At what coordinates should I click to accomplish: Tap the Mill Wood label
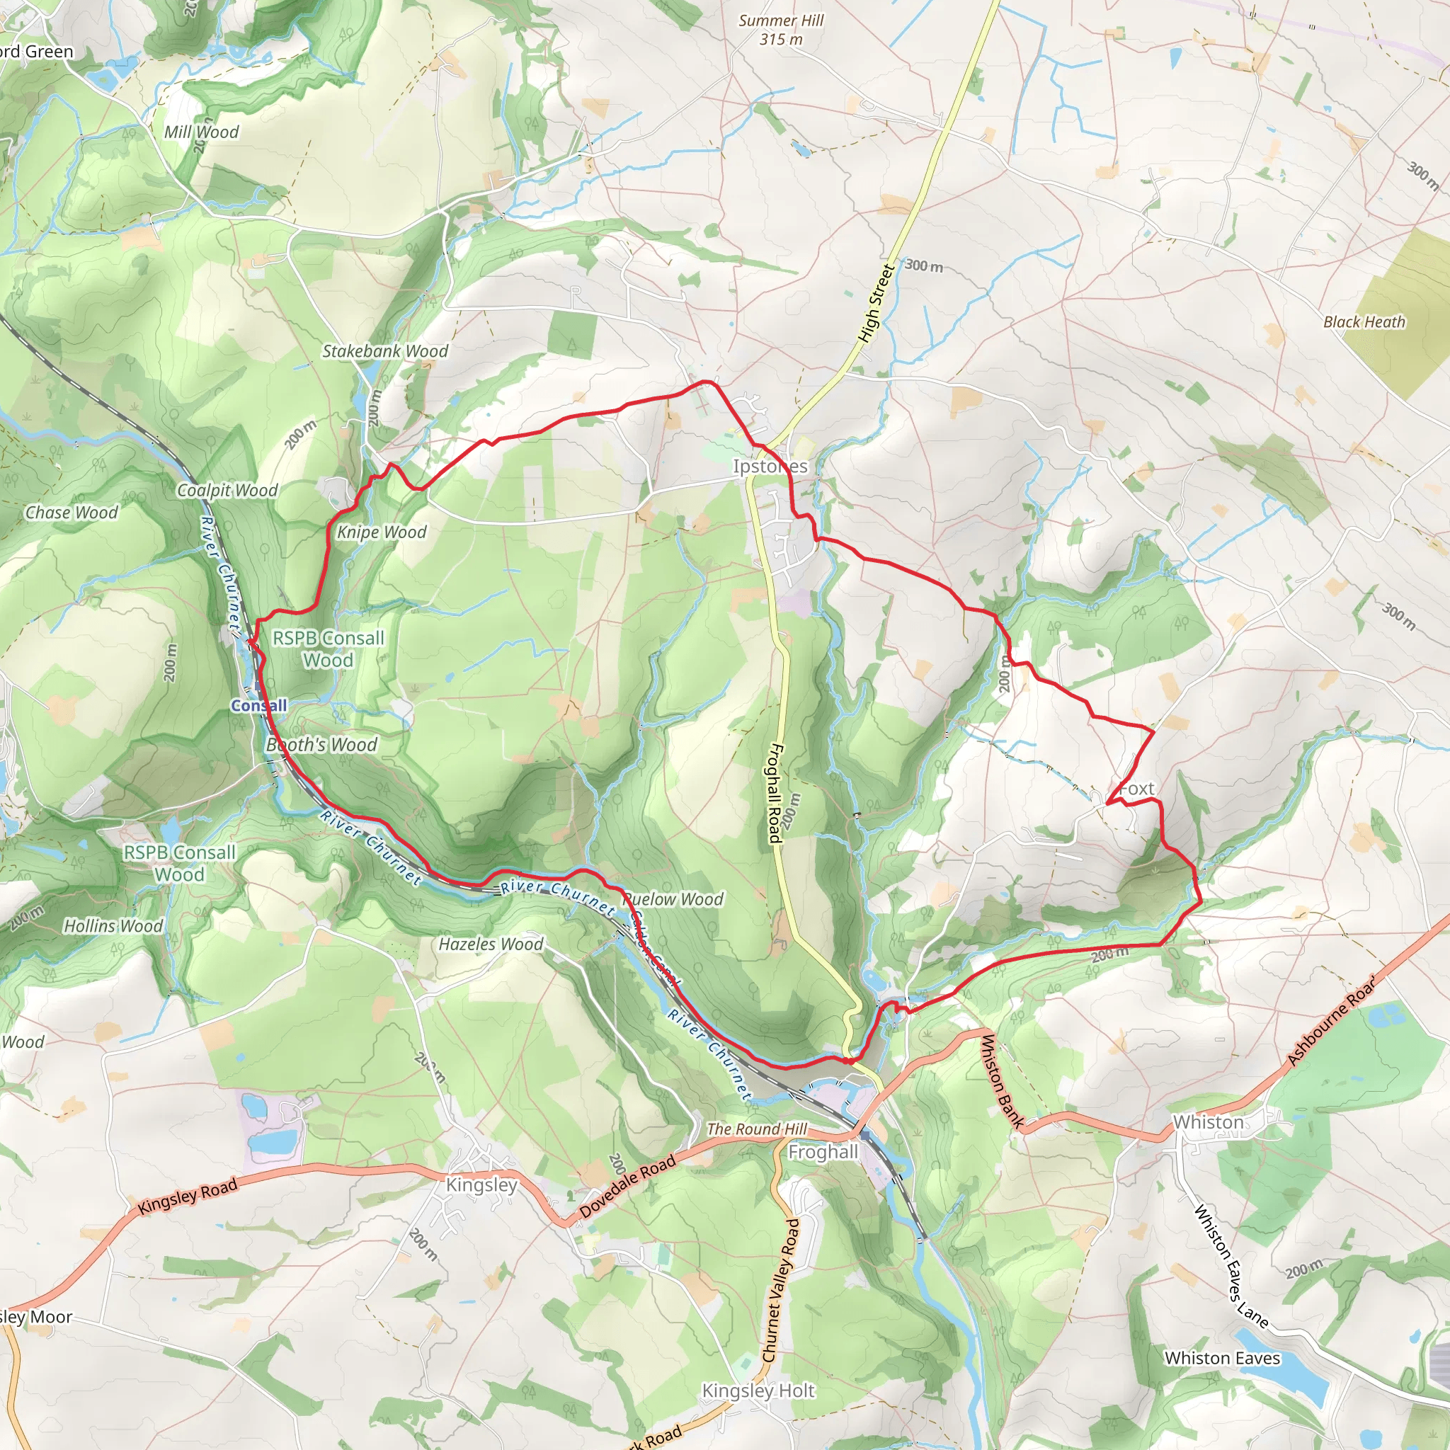tap(201, 132)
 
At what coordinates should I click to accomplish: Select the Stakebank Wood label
tap(385, 351)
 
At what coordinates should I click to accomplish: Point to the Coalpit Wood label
tap(227, 490)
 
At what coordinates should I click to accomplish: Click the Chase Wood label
tap(72, 513)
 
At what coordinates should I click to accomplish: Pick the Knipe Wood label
tap(382, 532)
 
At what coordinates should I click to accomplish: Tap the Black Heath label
tap(1364, 322)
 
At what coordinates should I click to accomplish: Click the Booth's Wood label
tap(321, 745)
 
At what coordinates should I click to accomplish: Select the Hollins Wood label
tap(113, 926)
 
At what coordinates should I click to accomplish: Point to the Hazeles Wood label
tap(491, 944)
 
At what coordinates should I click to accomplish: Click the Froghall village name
tap(823, 1152)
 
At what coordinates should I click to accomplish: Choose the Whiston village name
tap(1209, 1122)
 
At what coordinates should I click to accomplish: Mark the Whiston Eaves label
tap(1222, 1359)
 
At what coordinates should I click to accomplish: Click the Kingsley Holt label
tap(758, 1391)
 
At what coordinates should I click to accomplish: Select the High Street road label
tap(877, 304)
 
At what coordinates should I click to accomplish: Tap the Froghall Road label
tap(775, 792)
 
